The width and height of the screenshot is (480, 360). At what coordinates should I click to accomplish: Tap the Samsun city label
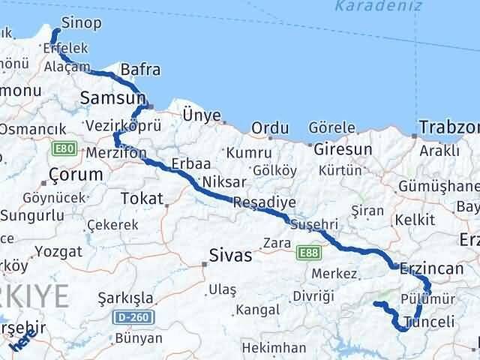pyautogui.click(x=112, y=98)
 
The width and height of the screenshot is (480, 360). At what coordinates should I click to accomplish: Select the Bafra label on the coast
pyautogui.click(x=141, y=70)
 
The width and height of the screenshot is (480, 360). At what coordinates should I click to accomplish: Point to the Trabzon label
pyautogui.click(x=449, y=127)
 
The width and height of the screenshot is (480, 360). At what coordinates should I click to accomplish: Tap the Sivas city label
pyautogui.click(x=230, y=255)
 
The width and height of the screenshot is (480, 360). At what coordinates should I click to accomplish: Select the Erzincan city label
pyautogui.click(x=434, y=268)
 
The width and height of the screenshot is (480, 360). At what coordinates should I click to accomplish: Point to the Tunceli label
pyautogui.click(x=429, y=322)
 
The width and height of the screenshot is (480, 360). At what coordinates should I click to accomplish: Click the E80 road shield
pyautogui.click(x=62, y=149)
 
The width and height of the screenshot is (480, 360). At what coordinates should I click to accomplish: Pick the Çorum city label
pyautogui.click(x=75, y=174)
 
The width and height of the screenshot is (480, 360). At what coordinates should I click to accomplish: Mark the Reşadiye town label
pyautogui.click(x=264, y=202)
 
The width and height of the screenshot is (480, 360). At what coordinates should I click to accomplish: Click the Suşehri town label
pyautogui.click(x=314, y=223)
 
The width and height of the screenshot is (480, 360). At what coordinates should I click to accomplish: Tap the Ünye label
pyautogui.click(x=202, y=115)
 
